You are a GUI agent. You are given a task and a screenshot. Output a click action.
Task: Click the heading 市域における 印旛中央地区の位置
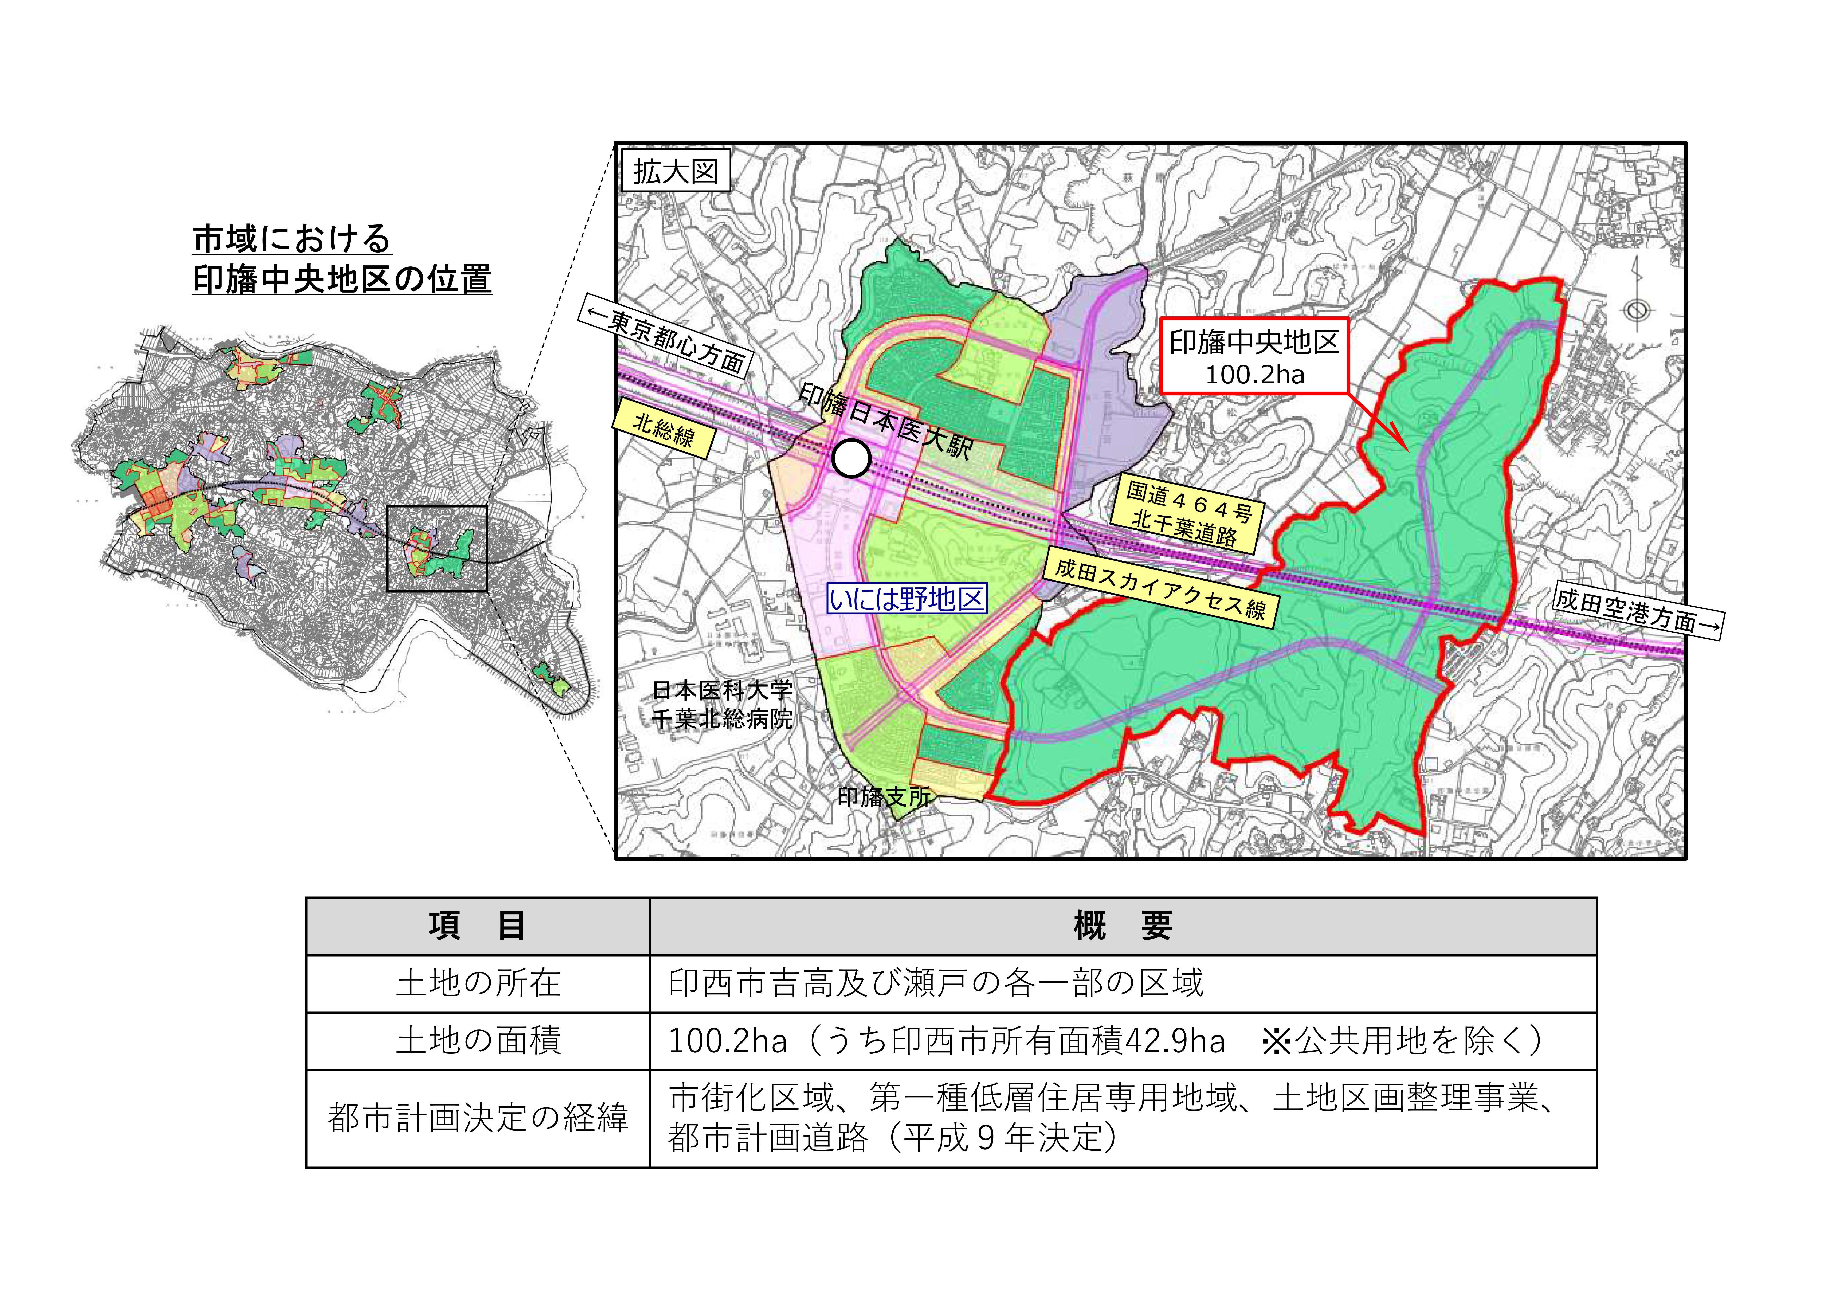pyautogui.click(x=342, y=259)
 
